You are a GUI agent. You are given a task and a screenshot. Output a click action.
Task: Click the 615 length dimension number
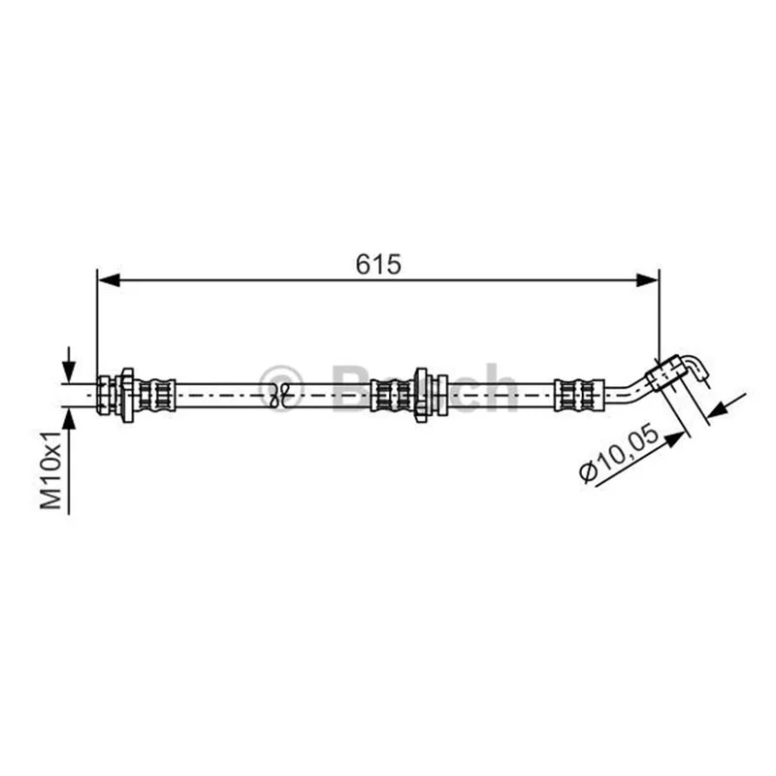tap(378, 264)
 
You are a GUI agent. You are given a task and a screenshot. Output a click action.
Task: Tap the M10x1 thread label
tap(50, 469)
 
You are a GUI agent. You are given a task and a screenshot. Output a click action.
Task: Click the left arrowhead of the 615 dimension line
tap(109, 279)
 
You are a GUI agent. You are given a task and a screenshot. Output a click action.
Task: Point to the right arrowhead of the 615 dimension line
tap(647, 279)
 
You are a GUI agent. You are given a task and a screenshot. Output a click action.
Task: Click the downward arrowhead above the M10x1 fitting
tap(69, 372)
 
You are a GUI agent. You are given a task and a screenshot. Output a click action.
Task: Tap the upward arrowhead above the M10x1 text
tap(69, 420)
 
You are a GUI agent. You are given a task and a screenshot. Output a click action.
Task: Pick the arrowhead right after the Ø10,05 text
tap(675, 438)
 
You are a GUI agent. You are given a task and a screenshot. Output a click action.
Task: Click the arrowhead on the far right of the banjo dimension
tap(719, 410)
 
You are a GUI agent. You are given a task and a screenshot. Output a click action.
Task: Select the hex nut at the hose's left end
tap(105, 395)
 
